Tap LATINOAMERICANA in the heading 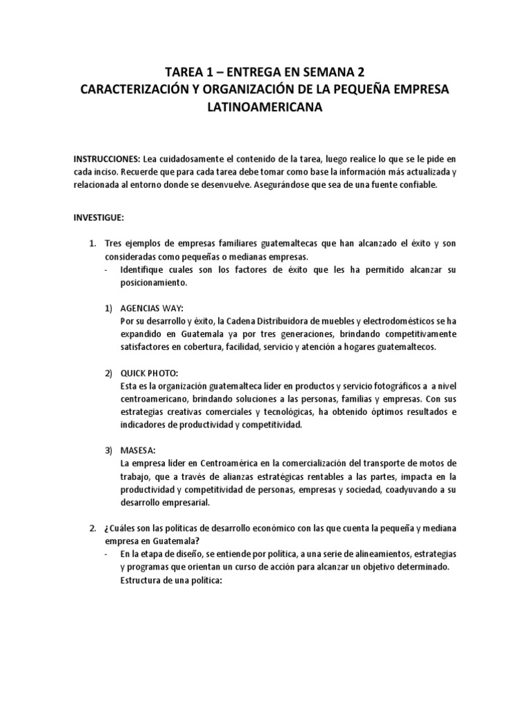tap(265, 107)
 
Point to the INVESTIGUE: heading tap(99, 217)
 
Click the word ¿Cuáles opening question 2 tap(122, 528)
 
